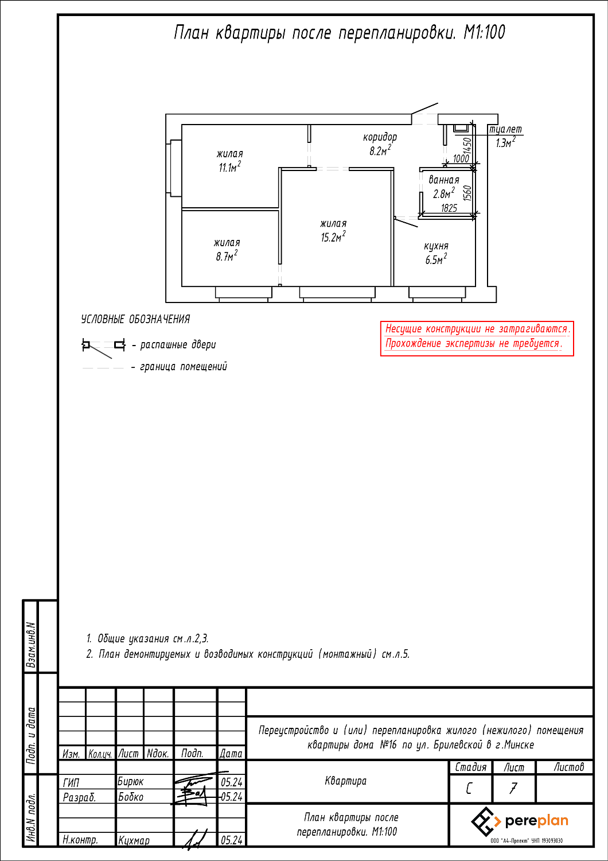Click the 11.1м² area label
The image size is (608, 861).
pos(229,167)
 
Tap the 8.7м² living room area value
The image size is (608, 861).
pos(227,256)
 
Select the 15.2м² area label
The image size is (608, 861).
pos(333,236)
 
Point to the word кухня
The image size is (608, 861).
pos(436,246)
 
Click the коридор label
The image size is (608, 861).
pos(380,137)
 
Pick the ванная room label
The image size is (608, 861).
pos(444,180)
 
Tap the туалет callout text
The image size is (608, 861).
pos(505,130)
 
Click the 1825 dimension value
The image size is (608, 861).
pos(449,208)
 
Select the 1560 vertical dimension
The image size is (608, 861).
pos(467,193)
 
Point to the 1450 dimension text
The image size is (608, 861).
pos(467,145)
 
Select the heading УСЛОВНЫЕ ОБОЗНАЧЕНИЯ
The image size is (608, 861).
pos(135,319)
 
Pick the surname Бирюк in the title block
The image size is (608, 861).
pos(131,782)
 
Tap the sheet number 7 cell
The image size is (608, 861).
pos(513,788)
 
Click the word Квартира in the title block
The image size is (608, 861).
pos(346,781)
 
